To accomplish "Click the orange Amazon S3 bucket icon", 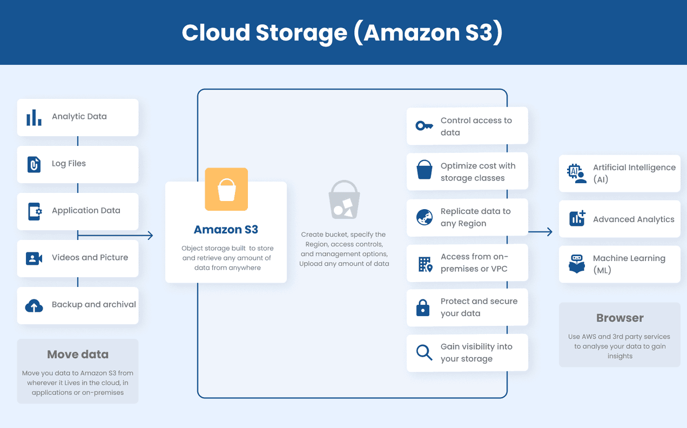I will (x=226, y=189).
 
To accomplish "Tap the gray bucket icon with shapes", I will (x=344, y=200).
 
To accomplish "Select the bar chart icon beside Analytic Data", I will (x=34, y=117).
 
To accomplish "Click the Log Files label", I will (x=69, y=164).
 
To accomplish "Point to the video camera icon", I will (x=34, y=258).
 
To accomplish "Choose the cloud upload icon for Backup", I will (x=34, y=306).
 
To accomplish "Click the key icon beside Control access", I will (x=424, y=126).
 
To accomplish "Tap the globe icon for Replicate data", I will (x=424, y=217).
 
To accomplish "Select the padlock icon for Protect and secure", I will (x=423, y=307).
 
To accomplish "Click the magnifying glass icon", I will (x=424, y=352).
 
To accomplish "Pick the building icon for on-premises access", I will (x=425, y=264).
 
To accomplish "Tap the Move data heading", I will (x=78, y=355).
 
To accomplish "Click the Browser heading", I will (x=619, y=318).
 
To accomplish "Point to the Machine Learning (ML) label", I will (x=629, y=264).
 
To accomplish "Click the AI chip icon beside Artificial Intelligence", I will (x=576, y=173).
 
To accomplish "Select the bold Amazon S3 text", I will (x=226, y=230).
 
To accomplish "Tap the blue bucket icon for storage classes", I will (x=425, y=170).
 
